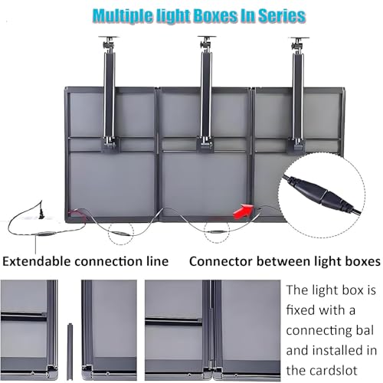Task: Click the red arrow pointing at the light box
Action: pos(243,211)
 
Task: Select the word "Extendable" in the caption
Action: pos(37,261)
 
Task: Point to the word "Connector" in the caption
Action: pos(221,261)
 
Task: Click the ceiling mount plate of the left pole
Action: pos(109,38)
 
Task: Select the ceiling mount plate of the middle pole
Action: pos(207,37)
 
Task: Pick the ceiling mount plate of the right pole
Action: pos(299,38)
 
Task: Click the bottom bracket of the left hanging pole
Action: pos(110,145)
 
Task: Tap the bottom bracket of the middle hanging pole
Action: pos(205,145)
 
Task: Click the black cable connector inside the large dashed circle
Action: pos(323,195)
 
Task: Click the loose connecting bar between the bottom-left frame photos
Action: pos(70,352)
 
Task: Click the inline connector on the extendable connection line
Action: pos(46,234)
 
